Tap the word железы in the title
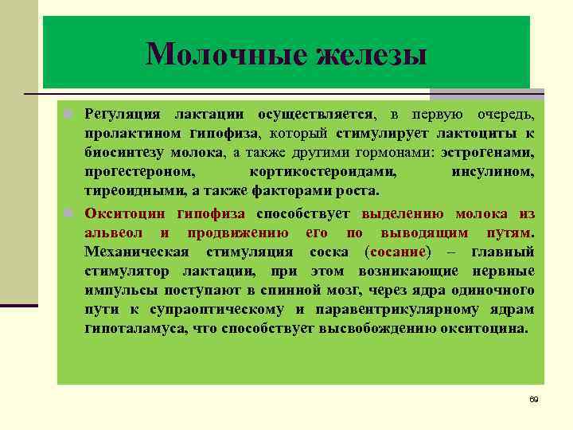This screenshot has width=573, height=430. (x=371, y=55)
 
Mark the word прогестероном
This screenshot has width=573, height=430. (x=139, y=171)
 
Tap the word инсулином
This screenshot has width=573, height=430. (x=493, y=171)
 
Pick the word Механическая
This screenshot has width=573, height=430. (x=136, y=252)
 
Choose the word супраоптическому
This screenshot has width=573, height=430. (x=214, y=310)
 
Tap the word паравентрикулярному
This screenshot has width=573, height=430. (x=391, y=310)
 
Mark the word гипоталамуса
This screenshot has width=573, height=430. (x=132, y=329)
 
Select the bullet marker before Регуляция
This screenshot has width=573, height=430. (x=70, y=115)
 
